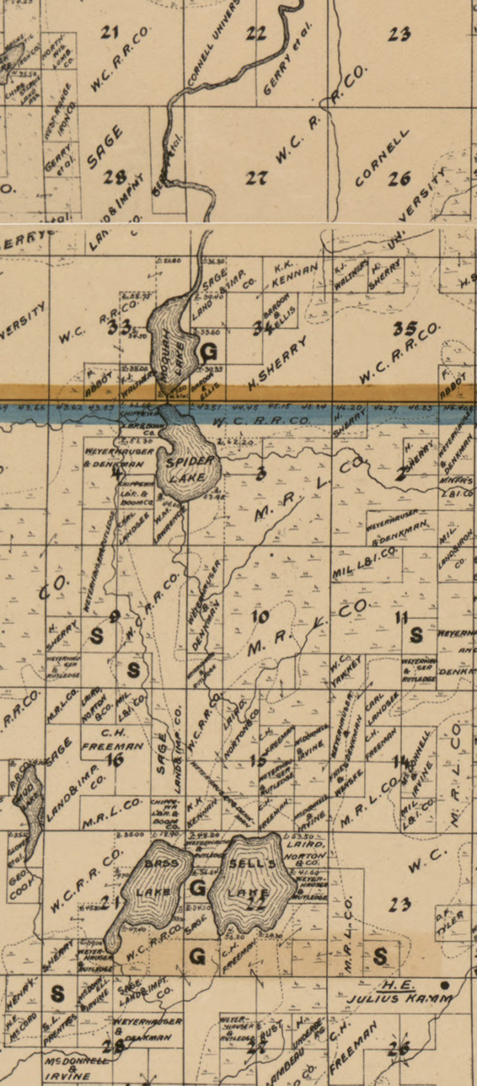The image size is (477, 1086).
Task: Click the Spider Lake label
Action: [x=189, y=469]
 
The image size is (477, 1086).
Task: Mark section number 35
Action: [x=405, y=329]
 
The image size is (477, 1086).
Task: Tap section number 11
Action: [x=402, y=618]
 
